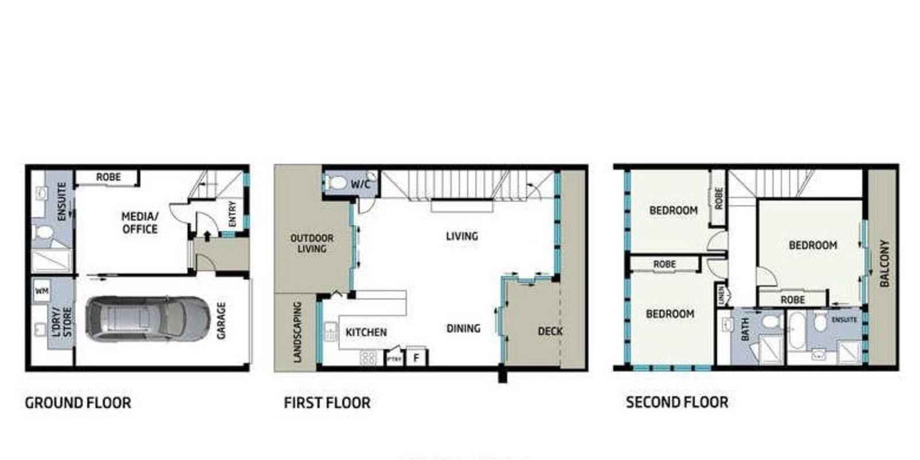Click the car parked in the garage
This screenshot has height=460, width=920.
click(147, 320)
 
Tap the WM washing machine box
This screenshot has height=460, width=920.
click(41, 292)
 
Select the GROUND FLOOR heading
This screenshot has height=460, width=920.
click(78, 402)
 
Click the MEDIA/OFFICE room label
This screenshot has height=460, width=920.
click(140, 223)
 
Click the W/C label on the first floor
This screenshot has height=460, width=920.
click(361, 185)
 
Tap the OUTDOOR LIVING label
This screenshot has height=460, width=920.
click(312, 243)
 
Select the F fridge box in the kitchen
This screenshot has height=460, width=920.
click(416, 358)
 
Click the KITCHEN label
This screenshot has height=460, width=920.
click(366, 332)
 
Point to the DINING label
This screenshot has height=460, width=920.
click(463, 328)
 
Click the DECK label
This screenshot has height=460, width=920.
click(550, 331)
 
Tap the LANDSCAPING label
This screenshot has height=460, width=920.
click(297, 332)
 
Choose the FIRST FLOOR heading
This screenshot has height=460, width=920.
click(327, 402)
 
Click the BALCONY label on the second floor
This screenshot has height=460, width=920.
click(884, 263)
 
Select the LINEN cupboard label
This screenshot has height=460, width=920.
click(721, 296)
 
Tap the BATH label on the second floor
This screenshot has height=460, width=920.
click(745, 329)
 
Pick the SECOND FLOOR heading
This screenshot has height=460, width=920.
click(677, 402)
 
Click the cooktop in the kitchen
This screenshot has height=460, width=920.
click(368, 358)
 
